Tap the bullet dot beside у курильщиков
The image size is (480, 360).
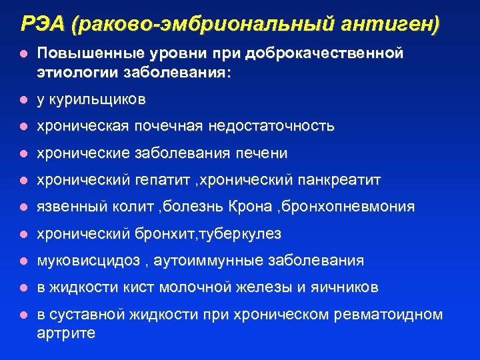(x=23, y=100)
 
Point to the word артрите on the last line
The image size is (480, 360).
(x=66, y=333)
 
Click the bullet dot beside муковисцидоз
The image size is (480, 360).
(x=23, y=261)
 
